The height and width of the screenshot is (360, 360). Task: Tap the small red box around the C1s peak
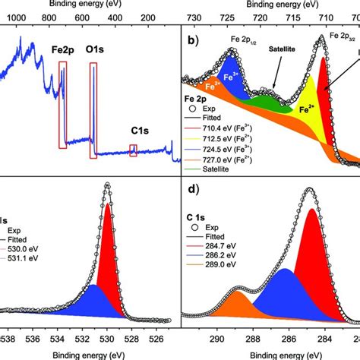tap(133, 151)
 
